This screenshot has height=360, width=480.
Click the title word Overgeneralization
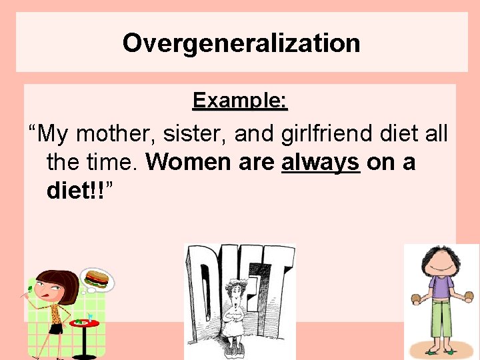click(241, 43)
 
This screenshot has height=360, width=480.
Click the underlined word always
click(321, 162)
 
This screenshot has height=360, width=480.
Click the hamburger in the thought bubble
click(95, 278)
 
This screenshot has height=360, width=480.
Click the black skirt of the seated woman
click(56, 328)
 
